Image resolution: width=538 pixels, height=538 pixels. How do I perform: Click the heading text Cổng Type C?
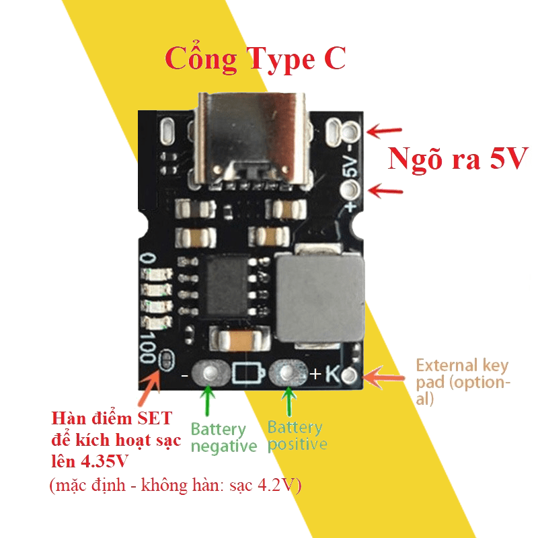coord(256,59)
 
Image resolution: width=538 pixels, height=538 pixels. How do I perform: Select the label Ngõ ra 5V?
coord(456,159)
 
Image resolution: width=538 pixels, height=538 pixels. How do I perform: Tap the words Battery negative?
coord(223,438)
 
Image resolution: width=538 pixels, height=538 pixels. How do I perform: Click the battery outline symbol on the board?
coord(248,373)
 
